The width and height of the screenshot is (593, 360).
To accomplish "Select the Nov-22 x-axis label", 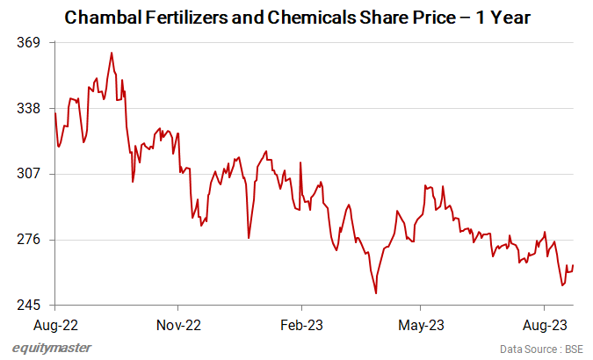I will pyautogui.click(x=177, y=324).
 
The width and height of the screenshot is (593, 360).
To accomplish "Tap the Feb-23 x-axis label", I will pyautogui.click(x=300, y=324).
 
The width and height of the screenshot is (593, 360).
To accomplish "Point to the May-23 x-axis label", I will pyautogui.click(x=421, y=324).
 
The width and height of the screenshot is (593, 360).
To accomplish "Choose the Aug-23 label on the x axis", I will pyautogui.click(x=544, y=324).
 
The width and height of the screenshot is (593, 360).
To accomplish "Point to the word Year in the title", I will pyautogui.click(x=510, y=17).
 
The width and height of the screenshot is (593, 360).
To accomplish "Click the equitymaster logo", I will pyautogui.click(x=52, y=349).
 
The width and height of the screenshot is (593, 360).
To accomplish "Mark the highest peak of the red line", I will pyautogui.click(x=112, y=53).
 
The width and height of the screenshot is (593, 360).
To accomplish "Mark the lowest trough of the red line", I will pyautogui.click(x=376, y=293).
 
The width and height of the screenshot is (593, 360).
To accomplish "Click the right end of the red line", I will pyautogui.click(x=574, y=265).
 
